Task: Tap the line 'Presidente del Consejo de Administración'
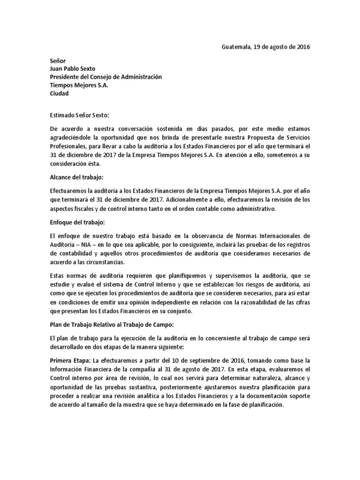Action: [105, 77]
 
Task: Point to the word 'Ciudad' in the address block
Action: [59, 93]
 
